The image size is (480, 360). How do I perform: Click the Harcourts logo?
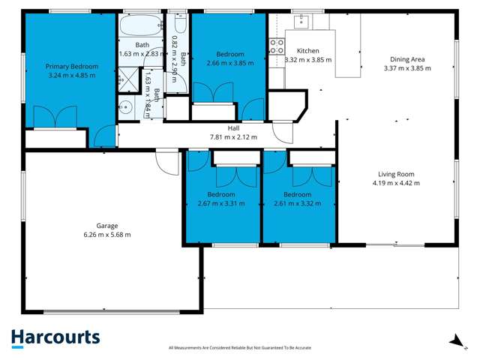(55, 338)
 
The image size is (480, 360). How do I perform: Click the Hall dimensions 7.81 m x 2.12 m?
(232, 137)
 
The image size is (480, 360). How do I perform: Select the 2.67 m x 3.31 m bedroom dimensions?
(220, 203)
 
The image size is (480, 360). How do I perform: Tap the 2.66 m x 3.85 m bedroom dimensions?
(230, 64)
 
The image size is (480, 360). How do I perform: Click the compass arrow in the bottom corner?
(454, 340)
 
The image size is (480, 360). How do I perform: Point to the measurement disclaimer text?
(239, 348)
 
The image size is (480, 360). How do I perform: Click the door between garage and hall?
(167, 160)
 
